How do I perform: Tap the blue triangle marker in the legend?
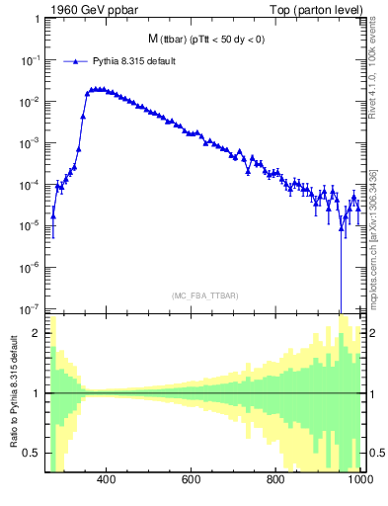74,61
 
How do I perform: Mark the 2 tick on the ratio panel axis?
38,333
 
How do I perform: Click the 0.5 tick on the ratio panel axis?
33,453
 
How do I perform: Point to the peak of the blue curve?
97,88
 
